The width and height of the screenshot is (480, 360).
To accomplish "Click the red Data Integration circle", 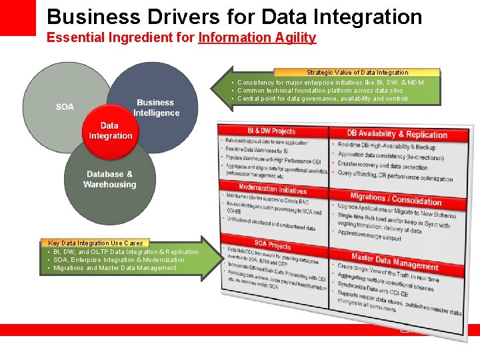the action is click(x=109, y=131).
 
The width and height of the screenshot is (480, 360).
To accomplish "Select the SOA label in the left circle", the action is click(x=65, y=107).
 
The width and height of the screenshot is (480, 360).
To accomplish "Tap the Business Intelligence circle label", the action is click(x=156, y=108).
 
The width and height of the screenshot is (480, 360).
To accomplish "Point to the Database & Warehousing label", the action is click(x=109, y=179).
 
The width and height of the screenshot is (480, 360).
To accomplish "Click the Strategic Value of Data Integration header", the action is click(x=357, y=72).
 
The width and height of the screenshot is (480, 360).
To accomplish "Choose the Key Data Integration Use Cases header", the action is click(x=95, y=243).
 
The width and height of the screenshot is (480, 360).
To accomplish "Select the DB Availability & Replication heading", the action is click(x=397, y=135).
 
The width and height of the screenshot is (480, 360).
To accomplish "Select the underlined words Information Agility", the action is click(x=257, y=37).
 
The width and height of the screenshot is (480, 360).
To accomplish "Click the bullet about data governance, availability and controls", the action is click(x=323, y=99).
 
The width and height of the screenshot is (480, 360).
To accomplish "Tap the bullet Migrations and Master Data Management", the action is click(x=115, y=268).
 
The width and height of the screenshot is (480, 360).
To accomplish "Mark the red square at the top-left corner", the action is click(x=17, y=17).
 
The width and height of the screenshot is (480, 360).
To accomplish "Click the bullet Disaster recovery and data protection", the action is click(x=382, y=165).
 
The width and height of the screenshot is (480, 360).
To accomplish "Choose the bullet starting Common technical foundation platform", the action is click(x=320, y=91).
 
